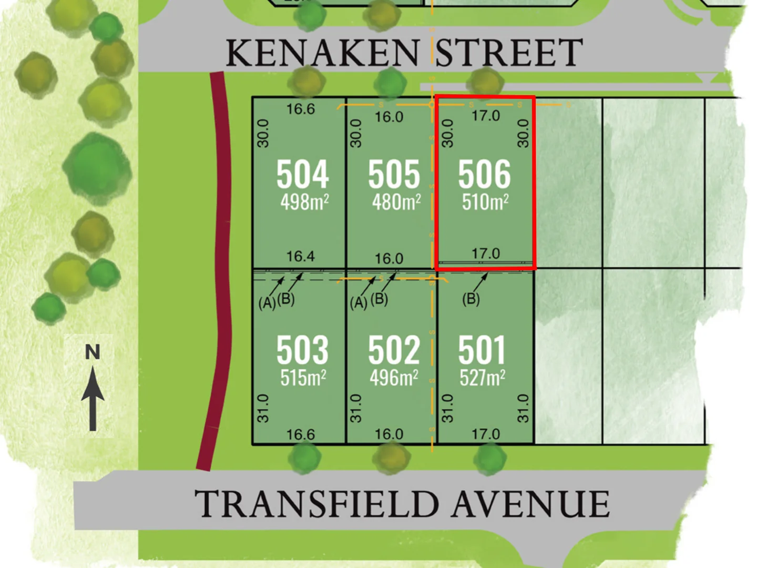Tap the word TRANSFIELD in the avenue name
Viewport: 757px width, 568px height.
316,504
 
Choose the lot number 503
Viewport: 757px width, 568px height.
302,350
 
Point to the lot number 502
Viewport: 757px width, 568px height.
394,350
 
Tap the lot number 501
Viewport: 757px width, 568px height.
482,350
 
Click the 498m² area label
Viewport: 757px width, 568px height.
304,202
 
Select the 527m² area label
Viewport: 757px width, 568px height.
483,378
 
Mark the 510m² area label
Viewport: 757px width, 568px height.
485,202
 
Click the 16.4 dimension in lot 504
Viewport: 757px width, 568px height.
300,257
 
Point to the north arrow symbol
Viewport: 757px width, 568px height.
93,399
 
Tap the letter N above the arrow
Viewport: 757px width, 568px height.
93,352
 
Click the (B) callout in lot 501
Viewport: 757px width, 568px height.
470,299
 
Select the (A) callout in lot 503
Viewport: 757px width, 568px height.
267,303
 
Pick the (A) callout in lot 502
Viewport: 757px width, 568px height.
359,303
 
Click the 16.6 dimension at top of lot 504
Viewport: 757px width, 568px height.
300,109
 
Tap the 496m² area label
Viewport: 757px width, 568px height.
394,378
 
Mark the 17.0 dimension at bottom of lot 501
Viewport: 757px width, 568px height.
485,434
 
